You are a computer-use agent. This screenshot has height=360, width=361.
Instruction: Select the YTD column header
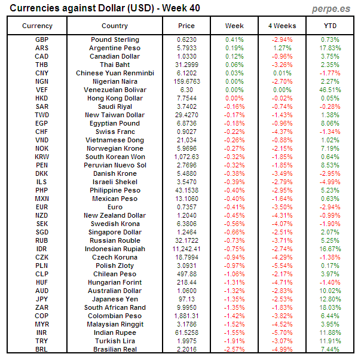click(330, 26)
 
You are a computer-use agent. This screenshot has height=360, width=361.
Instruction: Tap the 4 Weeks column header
click(282, 26)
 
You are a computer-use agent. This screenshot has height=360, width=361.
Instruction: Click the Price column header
click(186, 26)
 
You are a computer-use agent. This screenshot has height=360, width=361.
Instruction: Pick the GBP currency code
click(42, 39)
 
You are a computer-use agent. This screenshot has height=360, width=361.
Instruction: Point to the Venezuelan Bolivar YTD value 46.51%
click(330, 90)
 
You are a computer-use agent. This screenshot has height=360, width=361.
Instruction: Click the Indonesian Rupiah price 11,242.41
click(186, 249)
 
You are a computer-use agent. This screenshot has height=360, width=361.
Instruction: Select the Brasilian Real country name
click(115, 349)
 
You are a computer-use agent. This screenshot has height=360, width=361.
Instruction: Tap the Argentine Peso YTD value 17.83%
click(330, 48)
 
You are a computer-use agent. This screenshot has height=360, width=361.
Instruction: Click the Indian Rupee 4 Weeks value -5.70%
click(282, 332)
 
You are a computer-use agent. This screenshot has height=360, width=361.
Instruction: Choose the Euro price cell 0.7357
click(186, 207)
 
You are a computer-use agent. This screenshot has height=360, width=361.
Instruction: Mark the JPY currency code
click(42, 299)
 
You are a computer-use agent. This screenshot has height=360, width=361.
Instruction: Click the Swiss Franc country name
click(115, 132)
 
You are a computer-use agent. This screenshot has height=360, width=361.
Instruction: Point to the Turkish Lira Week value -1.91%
click(234, 341)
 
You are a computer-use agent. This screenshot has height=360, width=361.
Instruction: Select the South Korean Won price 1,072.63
click(186, 157)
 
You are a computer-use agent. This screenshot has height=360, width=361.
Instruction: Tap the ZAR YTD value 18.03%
click(330, 307)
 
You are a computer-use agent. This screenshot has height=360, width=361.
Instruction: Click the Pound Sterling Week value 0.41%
click(234, 39)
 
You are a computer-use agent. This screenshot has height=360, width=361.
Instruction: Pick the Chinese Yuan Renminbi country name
click(115, 73)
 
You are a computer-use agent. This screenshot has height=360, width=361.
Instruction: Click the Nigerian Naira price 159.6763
click(186, 81)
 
